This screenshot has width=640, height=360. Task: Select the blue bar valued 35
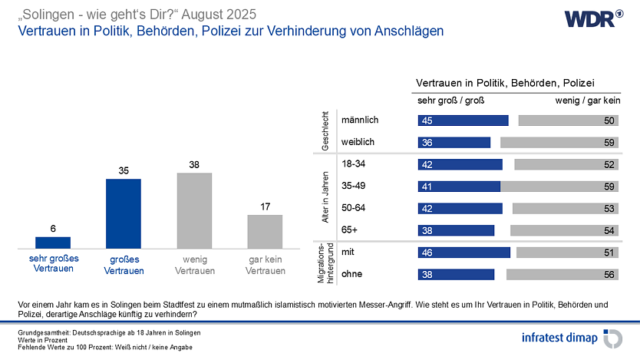click(123, 213)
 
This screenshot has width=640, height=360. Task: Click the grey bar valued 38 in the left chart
click(194, 210)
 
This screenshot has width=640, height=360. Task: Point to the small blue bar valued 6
click(53, 243)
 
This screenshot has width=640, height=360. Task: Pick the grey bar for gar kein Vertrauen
click(265, 231)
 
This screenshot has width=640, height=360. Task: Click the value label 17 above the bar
click(265, 206)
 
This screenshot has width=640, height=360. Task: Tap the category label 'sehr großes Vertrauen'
click(53, 265)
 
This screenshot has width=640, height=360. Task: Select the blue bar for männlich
click(463, 121)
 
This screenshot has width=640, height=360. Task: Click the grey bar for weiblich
click(559, 142)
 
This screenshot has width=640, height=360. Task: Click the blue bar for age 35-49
click(459, 186)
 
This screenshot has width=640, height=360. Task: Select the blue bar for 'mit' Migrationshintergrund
click(464, 253)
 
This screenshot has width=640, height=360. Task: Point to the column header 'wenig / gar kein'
click(587, 100)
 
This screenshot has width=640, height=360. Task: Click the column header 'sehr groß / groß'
click(450, 100)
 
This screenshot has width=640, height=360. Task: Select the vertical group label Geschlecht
click(327, 130)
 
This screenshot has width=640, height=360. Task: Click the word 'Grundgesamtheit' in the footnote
click(43, 332)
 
